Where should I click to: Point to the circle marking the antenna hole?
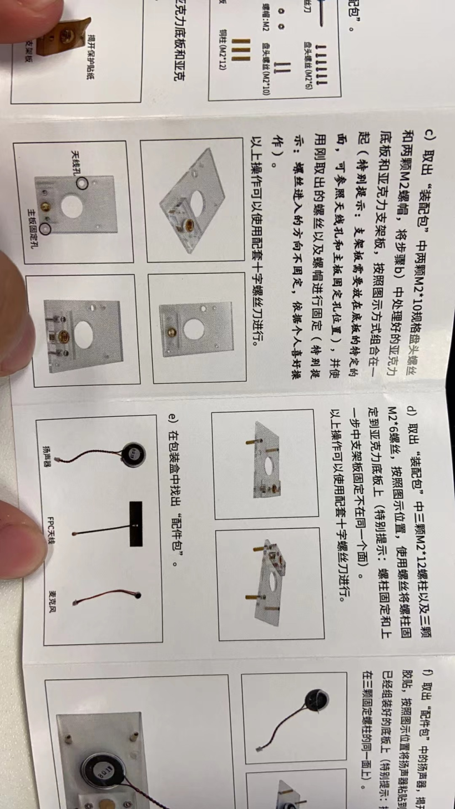pyautogui.click(x=82, y=183)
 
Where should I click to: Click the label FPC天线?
pyautogui.click(x=50, y=531)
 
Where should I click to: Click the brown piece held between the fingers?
pyautogui.click(x=69, y=33)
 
